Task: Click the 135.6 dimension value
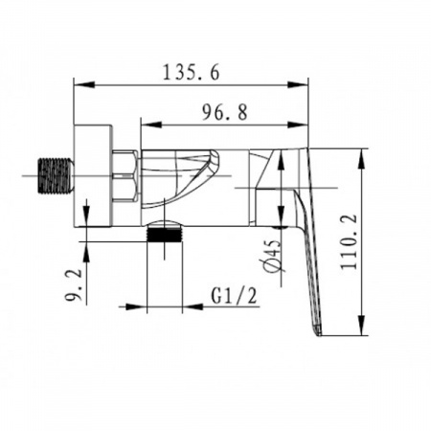coord(192,72)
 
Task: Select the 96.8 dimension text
coord(225,112)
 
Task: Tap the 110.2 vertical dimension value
coord(349,241)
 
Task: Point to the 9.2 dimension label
coord(74,285)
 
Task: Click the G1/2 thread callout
coord(234,296)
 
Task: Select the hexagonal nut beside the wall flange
coord(125,176)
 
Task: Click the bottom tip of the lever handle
coord(320,335)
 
